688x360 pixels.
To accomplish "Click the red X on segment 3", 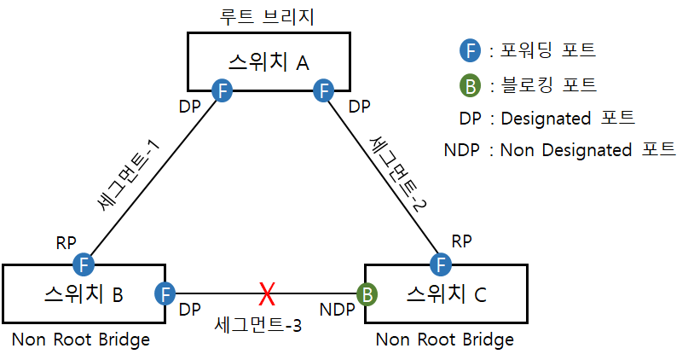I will [x=267, y=295].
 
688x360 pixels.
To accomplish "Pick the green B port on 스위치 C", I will [x=367, y=295].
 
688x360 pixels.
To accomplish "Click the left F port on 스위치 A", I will [x=222, y=90].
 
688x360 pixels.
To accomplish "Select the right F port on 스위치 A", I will [x=322, y=90].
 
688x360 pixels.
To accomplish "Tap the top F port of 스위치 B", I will [x=84, y=263].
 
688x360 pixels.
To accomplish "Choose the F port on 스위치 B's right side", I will [x=165, y=294].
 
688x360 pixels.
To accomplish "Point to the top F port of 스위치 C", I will [x=442, y=263].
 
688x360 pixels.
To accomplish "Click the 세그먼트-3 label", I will [x=259, y=323].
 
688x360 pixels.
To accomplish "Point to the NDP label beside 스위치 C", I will [x=337, y=305].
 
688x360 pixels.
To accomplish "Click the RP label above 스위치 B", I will [x=66, y=243].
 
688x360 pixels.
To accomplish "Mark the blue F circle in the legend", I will [x=468, y=50].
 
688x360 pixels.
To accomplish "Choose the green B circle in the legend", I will [x=468, y=85].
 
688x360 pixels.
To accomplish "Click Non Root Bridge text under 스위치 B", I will [x=81, y=340].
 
